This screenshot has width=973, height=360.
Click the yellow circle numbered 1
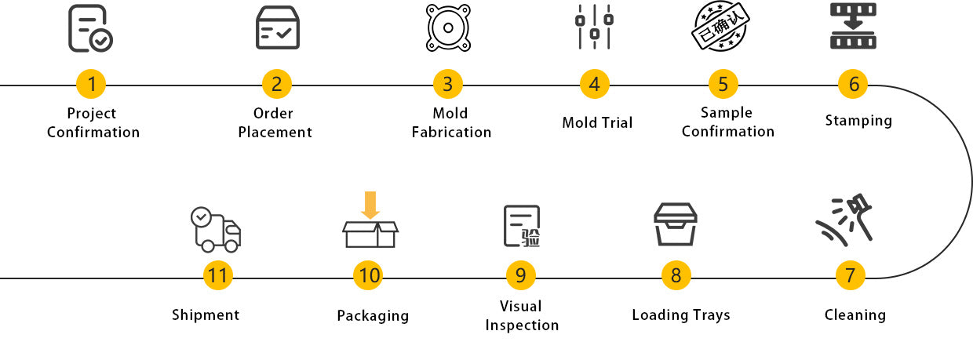(92, 84)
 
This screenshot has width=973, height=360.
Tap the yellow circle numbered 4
(594, 84)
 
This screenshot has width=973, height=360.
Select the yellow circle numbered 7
(850, 275)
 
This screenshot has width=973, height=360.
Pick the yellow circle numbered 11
(218, 275)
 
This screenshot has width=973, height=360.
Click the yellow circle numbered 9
(520, 275)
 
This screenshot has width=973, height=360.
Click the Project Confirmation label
(93, 122)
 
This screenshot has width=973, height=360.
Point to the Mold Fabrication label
(451, 122)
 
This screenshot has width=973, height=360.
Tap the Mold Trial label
(597, 122)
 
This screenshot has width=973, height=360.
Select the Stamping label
(858, 120)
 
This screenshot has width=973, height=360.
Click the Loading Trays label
(681, 315)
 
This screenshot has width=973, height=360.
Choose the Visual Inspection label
(522, 315)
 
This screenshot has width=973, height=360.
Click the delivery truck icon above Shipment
(215, 229)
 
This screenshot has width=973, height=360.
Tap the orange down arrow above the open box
(370, 205)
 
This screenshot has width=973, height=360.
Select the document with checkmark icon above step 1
(89, 28)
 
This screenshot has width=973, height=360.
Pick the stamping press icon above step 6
(853, 27)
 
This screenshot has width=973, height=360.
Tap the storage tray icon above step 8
(675, 224)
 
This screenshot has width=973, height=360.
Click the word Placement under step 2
(275, 133)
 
